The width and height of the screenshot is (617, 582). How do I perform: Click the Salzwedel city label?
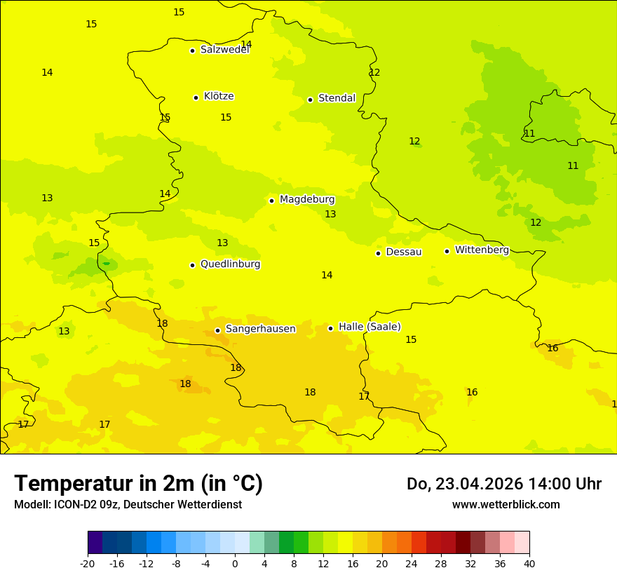click(224, 50)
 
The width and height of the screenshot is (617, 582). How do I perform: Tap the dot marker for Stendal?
click(310, 99)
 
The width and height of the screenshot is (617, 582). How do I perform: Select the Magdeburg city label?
click(307, 200)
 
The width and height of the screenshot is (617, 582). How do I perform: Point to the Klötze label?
click(219, 97)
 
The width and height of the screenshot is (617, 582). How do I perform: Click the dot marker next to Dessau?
click(378, 252)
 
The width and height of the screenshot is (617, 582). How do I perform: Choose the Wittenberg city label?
click(482, 250)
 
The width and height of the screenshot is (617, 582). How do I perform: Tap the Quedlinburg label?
click(230, 264)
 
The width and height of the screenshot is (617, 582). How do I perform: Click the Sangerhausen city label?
click(260, 329)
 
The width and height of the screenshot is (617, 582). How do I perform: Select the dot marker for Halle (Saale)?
click(330, 327)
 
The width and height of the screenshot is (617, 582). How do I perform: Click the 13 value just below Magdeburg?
click(330, 215)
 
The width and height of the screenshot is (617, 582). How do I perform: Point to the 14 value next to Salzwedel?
click(246, 45)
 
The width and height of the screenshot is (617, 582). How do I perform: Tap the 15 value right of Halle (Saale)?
click(411, 340)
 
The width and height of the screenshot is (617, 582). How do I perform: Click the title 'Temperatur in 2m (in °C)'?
click(138, 484)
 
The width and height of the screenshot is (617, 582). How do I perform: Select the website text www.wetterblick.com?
click(506, 505)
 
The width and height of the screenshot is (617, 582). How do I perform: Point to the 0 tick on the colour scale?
click(235, 563)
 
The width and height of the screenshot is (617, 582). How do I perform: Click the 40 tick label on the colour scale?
click(529, 563)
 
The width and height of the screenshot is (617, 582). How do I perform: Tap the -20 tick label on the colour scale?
click(88, 563)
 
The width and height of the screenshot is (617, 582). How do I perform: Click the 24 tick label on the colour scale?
click(412, 563)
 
